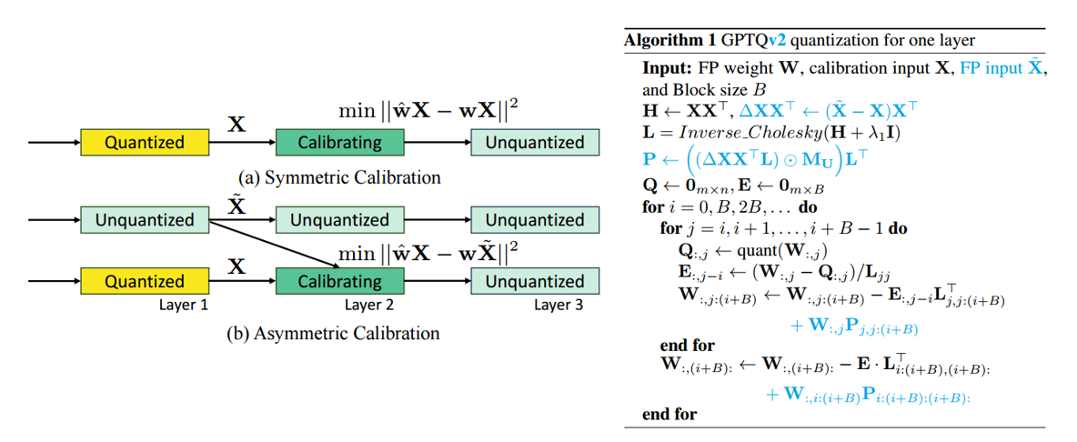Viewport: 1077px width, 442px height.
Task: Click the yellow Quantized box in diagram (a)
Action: pyautogui.click(x=145, y=142)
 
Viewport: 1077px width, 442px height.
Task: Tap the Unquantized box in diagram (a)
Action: pyautogui.click(x=534, y=142)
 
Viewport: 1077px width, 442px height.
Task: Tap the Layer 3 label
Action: pyautogui.click(x=559, y=305)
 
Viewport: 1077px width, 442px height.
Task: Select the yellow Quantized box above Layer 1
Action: pyautogui.click(x=145, y=281)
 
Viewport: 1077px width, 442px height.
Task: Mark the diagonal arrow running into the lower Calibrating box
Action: pyautogui.click(x=273, y=242)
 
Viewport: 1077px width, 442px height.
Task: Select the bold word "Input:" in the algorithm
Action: pyautogui.click(x=669, y=68)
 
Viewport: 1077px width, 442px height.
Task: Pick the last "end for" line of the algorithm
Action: pyautogui.click(x=669, y=414)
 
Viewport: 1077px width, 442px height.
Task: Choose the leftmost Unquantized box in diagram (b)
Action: pyautogui.click(x=145, y=219)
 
